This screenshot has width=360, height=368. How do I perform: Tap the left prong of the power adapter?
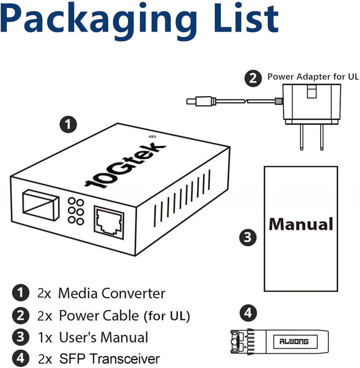pos(301,138)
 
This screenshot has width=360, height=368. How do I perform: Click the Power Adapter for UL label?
pos(313,77)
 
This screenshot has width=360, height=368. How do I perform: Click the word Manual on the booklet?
pos(301,224)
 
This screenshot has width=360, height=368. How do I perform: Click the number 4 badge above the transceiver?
pos(248,312)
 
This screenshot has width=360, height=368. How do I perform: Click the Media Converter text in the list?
pos(112,293)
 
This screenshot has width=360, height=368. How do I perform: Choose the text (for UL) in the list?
pos(166,316)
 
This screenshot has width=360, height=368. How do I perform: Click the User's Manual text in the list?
pos(103,337)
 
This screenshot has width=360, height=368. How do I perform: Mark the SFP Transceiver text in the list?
pos(110,358)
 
